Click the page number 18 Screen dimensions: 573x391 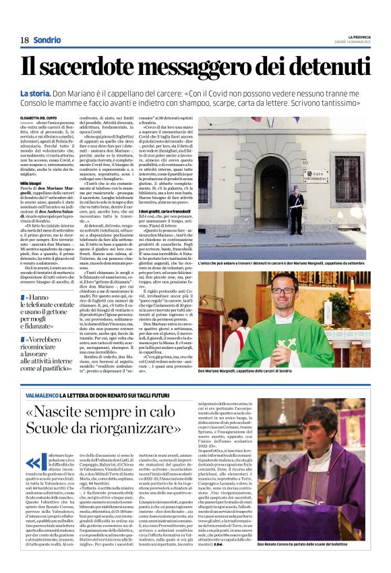coord(24,40)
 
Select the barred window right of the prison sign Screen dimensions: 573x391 coord(350,169)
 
